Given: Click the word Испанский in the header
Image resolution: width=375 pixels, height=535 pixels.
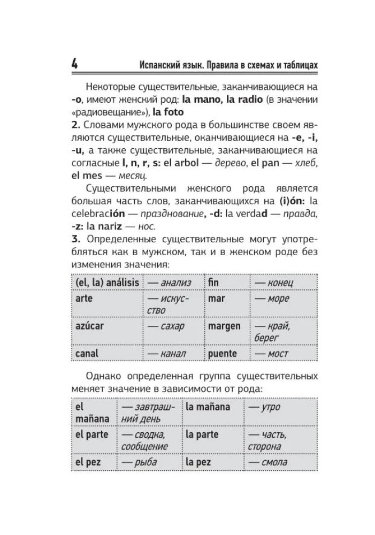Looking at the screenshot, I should (159, 64).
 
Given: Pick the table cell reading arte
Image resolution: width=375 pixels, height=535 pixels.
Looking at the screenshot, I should (84, 298).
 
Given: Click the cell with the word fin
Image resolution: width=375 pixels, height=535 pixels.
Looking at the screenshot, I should (214, 282).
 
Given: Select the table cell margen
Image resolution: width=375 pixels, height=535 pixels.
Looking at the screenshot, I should (225, 326).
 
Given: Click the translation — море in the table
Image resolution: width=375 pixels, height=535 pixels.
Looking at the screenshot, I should (272, 299).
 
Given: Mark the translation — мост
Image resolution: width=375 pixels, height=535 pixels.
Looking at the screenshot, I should (271, 354).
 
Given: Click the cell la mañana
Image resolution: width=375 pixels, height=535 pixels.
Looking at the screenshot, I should (208, 407).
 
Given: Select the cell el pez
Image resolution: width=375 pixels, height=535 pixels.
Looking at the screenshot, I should (88, 462).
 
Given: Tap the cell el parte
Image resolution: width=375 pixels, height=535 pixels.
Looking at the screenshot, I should (91, 434).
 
